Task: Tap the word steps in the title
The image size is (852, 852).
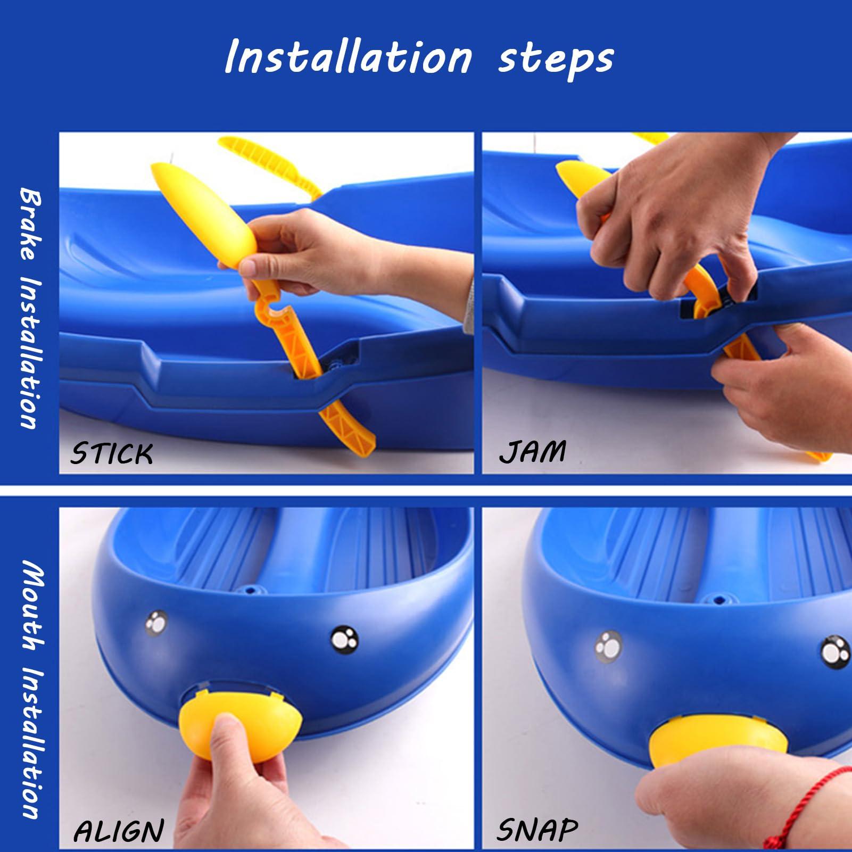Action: tap(556, 60)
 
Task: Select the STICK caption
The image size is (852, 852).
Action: tap(112, 453)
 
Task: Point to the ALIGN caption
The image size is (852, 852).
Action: tap(119, 831)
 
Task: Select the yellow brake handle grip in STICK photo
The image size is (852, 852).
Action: tap(202, 213)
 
